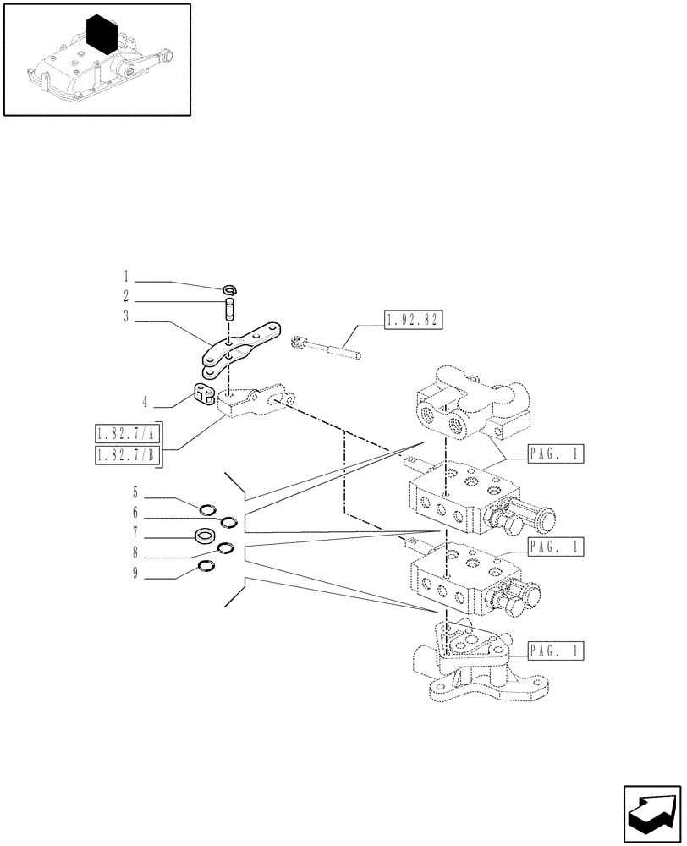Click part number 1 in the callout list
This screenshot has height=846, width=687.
(126, 276)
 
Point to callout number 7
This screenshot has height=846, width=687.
(135, 535)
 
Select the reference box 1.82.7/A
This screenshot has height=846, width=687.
(128, 436)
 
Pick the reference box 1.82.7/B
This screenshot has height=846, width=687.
(128, 457)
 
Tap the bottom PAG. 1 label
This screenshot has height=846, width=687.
(554, 651)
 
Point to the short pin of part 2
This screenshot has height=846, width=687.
(228, 309)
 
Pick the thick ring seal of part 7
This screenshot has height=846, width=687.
(203, 535)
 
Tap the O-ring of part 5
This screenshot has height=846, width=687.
(207, 508)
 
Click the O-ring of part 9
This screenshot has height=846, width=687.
(206, 566)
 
